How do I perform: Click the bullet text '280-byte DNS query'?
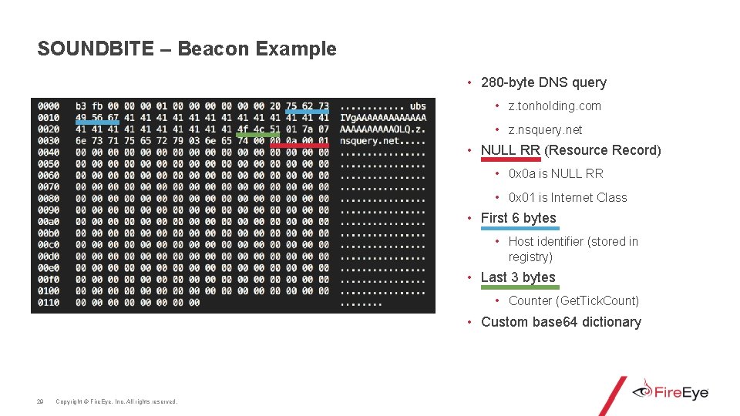(543, 82)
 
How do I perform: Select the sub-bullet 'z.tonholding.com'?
(554, 106)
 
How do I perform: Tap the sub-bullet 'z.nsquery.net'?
(545, 130)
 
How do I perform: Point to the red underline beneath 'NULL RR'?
(510, 159)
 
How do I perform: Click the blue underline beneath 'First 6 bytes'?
(518, 229)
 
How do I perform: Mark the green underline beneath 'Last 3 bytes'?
(518, 287)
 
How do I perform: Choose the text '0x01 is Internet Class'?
(567, 198)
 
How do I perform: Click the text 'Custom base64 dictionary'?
(560, 322)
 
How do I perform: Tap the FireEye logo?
(671, 392)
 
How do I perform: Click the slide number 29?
(40, 401)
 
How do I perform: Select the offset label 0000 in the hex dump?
(48, 106)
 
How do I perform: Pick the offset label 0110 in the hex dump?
(48, 303)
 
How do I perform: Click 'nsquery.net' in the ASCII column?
(370, 141)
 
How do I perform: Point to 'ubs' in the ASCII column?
(417, 106)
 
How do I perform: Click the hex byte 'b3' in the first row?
(81, 106)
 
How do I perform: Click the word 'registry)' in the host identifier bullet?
(530, 257)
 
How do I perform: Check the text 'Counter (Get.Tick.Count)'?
(573, 301)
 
